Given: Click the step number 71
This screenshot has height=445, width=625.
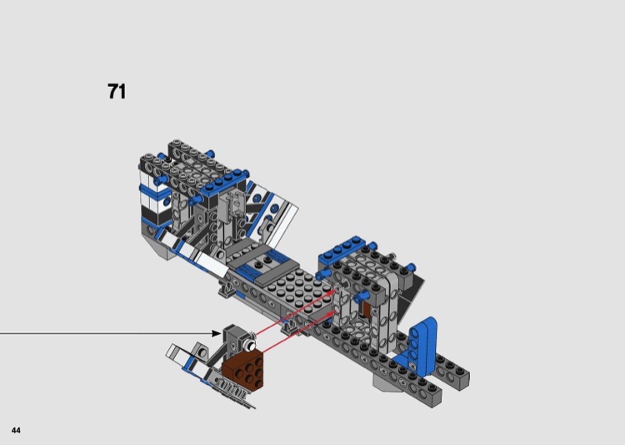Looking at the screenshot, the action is click(117, 92).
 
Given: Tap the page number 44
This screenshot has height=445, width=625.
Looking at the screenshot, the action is click(16, 430).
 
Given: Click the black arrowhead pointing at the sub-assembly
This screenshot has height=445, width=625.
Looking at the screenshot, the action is click(216, 333).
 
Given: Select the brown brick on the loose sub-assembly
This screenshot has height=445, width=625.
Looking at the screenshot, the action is click(243, 370).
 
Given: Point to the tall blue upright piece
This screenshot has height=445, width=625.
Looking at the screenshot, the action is click(422, 346).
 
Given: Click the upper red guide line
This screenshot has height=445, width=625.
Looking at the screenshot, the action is click(294, 312).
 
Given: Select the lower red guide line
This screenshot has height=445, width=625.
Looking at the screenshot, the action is click(297, 333).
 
